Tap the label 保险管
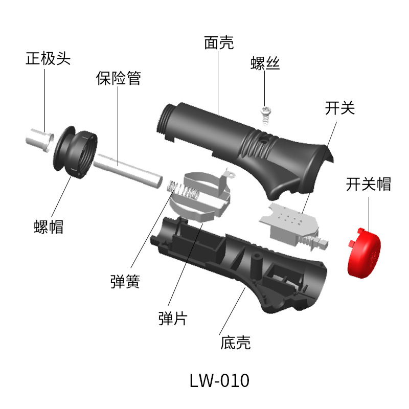118,78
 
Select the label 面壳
219,43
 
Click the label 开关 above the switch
339,108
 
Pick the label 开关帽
368,184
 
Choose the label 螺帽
49,225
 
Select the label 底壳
236,342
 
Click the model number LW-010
219,381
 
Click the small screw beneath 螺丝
266,113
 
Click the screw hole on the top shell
265,139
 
